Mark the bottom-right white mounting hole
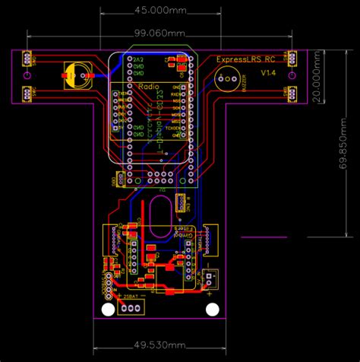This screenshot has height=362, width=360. pos(212,310)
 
